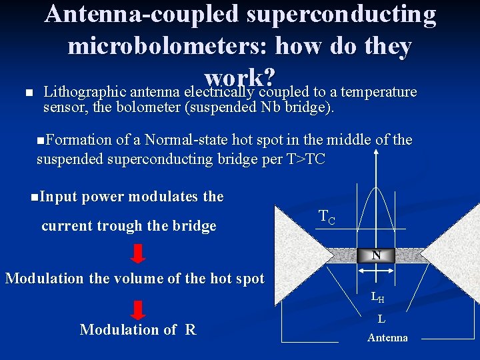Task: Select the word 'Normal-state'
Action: [187, 140]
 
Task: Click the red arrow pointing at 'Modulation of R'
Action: [138, 311]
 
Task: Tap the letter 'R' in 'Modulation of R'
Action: [191, 329]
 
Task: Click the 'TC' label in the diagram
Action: [327, 216]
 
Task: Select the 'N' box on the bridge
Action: [377, 255]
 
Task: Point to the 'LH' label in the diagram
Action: [377, 298]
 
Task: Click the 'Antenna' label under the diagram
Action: [387, 337]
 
